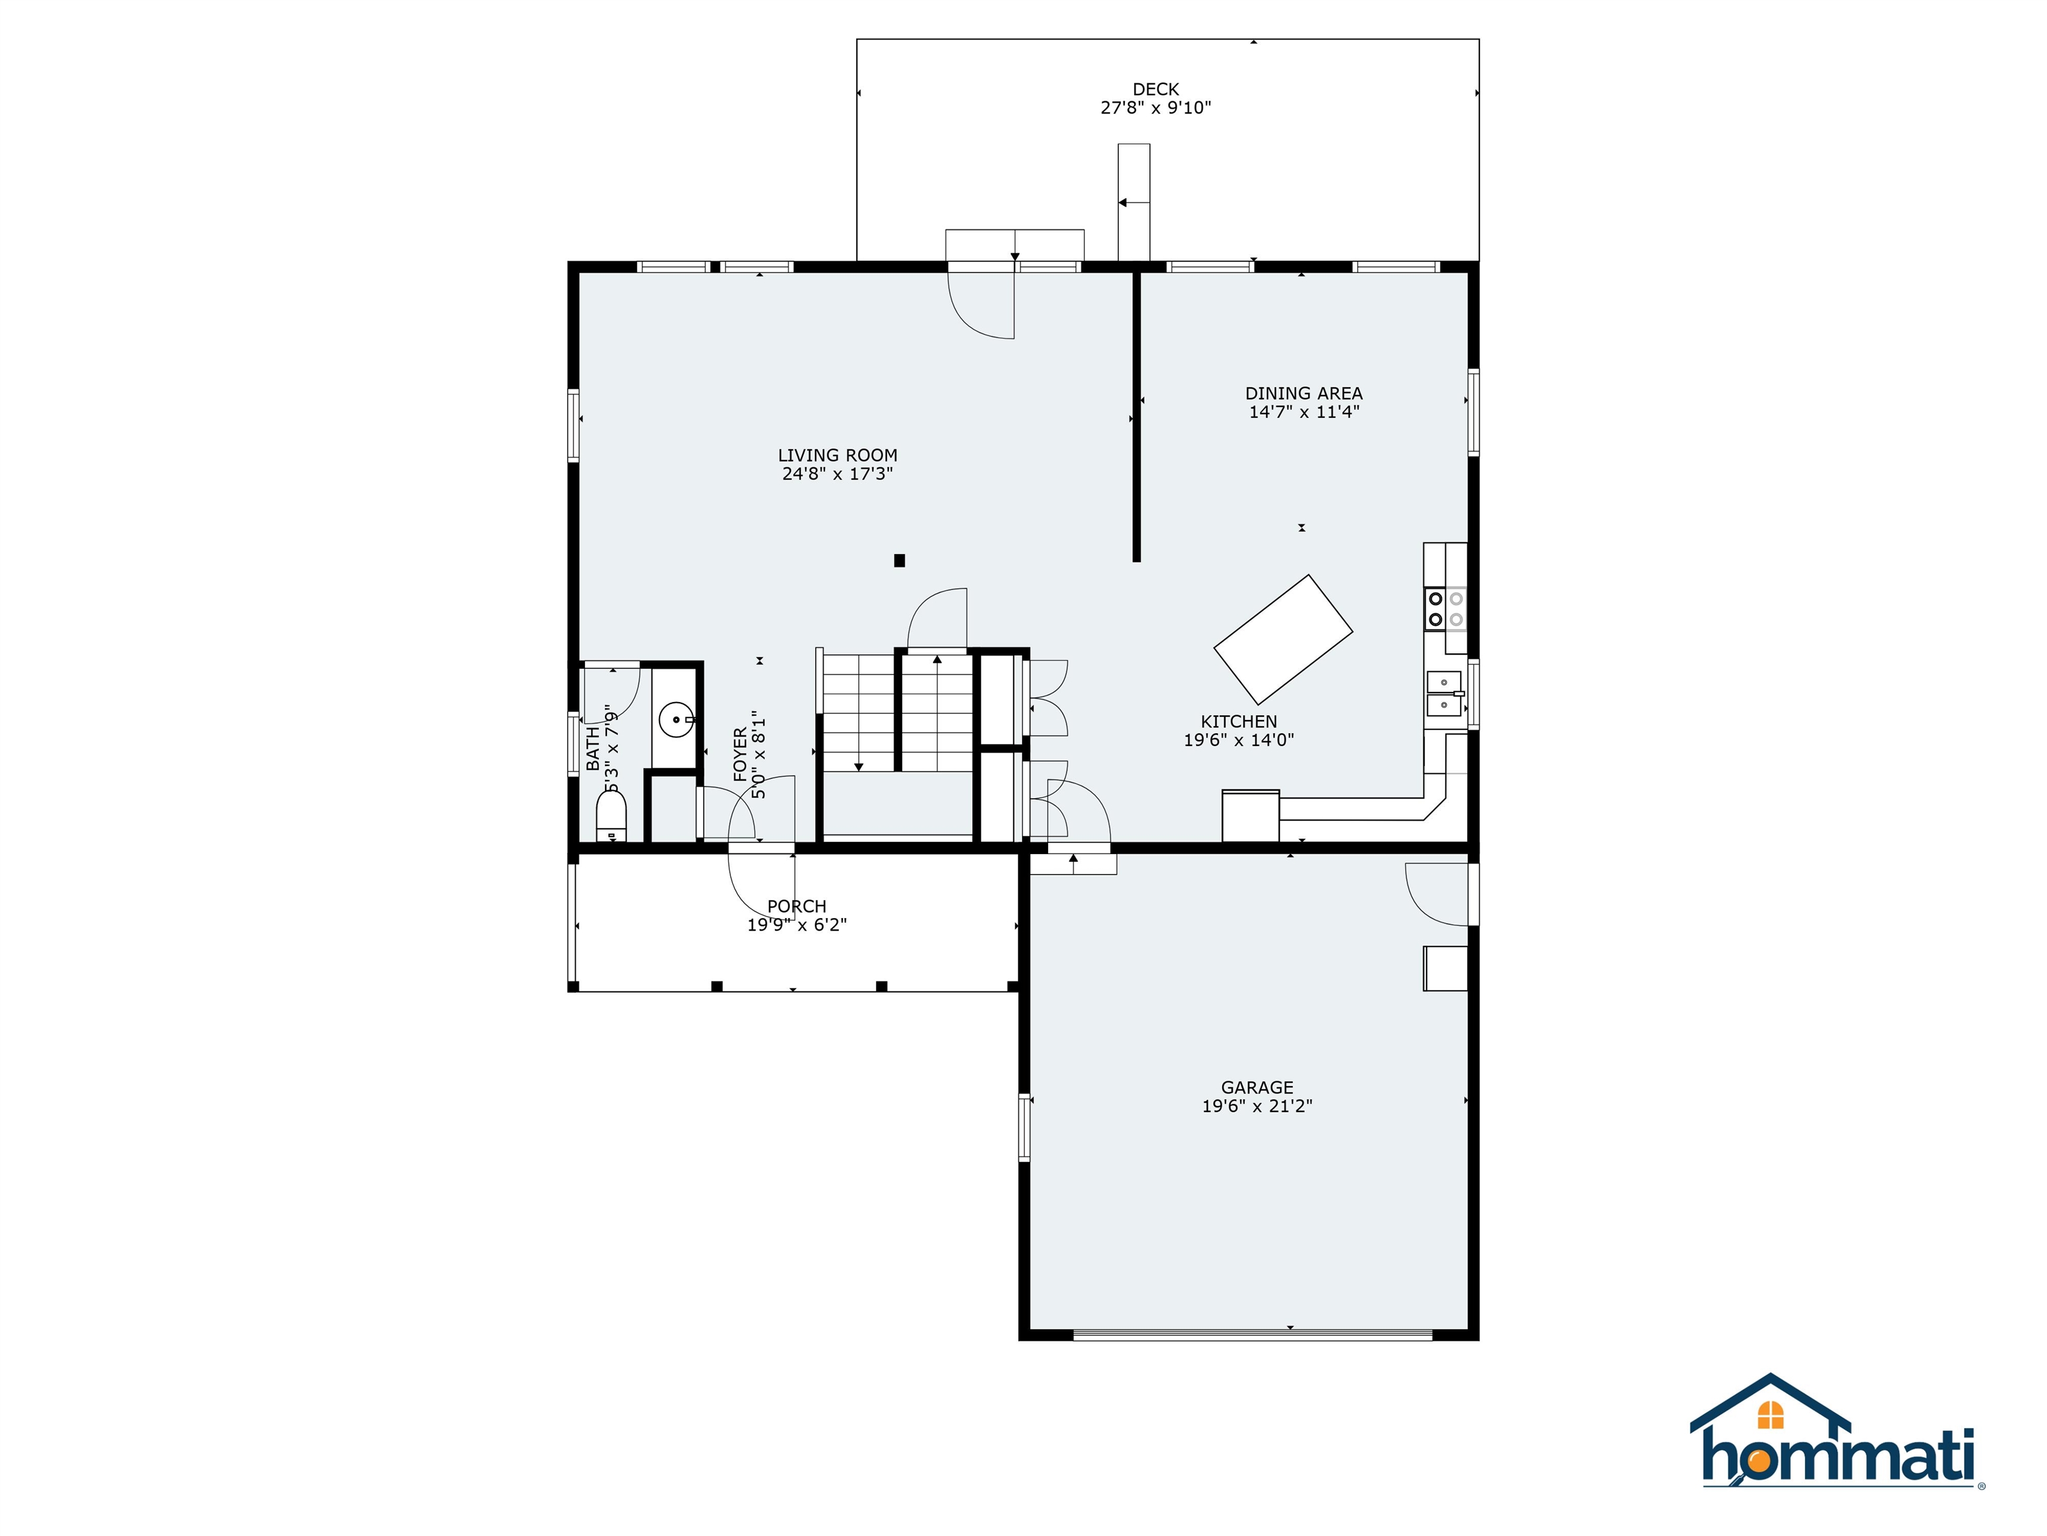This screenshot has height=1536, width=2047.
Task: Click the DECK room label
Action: tap(1156, 89)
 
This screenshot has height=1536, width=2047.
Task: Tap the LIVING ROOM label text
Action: tap(838, 455)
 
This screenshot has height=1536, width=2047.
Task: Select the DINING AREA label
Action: tap(1304, 393)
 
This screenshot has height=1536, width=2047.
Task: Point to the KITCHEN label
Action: tap(1239, 721)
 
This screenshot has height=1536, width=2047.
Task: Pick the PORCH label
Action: tap(797, 907)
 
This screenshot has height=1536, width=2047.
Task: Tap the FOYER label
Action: tap(740, 755)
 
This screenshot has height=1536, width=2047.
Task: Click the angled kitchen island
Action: tap(1283, 639)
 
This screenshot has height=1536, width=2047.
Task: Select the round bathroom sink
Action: tap(676, 719)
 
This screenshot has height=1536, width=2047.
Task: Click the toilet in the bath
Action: tap(611, 816)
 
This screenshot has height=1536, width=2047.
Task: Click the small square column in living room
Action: tap(900, 560)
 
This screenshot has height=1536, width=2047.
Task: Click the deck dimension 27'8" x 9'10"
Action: tap(1156, 107)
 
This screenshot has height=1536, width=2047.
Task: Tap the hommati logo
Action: tap(1837, 1445)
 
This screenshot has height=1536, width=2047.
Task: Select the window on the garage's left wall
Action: tap(1024, 1127)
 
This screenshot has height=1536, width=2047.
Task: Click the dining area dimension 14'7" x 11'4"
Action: tap(1304, 412)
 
